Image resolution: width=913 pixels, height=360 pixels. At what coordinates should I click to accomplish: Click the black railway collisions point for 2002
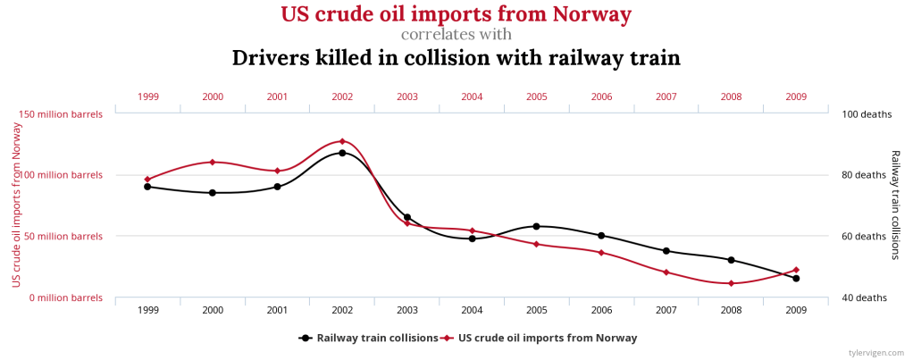click(x=342, y=153)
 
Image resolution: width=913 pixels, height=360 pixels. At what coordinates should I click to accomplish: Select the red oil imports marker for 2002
click(x=342, y=141)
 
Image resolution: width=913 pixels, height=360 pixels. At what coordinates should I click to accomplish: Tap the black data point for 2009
click(x=796, y=278)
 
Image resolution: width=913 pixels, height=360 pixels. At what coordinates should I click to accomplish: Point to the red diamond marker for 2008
click(x=732, y=283)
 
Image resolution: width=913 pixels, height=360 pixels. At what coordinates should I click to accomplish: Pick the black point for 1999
click(x=147, y=187)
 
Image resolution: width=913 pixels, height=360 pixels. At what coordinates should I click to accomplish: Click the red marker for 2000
click(x=213, y=162)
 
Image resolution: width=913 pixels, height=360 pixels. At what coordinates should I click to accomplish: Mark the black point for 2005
click(x=536, y=226)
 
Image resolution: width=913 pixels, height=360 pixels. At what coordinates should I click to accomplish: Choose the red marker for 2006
click(x=601, y=253)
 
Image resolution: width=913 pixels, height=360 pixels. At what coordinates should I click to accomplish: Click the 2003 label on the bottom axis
click(x=406, y=310)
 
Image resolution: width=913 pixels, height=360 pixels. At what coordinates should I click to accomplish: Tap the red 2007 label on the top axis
click(x=666, y=96)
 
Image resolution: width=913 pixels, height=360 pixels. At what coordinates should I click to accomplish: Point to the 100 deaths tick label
click(x=861, y=114)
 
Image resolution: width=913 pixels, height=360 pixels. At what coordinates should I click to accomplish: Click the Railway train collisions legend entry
click(x=368, y=338)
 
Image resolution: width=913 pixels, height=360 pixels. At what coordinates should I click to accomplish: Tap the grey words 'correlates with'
click(x=456, y=35)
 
